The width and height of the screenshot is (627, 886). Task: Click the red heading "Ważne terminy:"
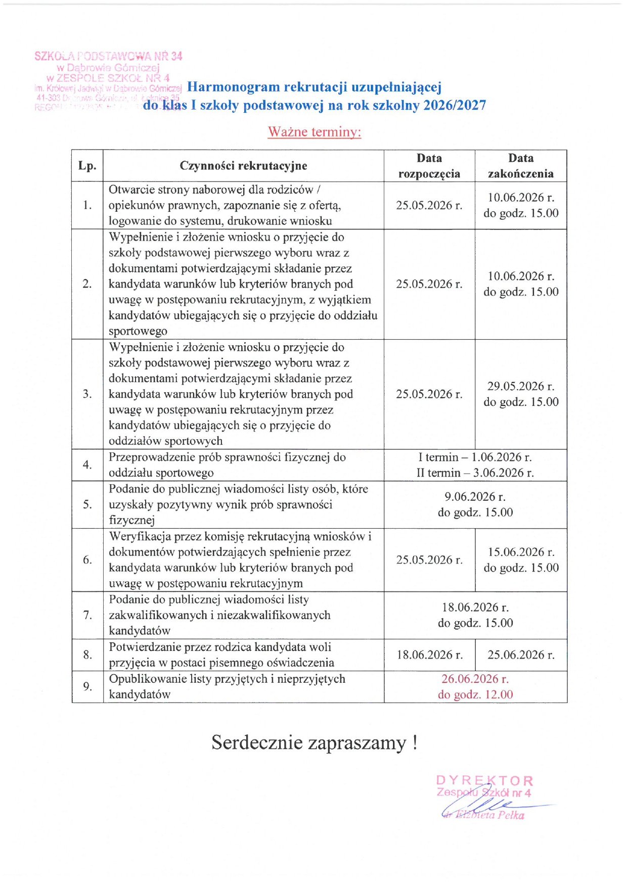click(314, 132)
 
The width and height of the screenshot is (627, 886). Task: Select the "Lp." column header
click(87, 166)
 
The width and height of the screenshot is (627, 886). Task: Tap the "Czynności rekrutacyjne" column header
click(243, 166)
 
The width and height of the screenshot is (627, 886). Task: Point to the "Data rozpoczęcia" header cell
click(429, 166)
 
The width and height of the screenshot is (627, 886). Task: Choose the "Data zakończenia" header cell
click(521, 166)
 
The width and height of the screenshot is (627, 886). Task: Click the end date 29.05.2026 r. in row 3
click(521, 387)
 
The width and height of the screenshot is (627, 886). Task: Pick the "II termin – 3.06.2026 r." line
click(475, 473)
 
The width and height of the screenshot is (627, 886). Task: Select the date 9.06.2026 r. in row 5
click(475, 497)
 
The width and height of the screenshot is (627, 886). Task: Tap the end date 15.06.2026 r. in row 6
click(521, 552)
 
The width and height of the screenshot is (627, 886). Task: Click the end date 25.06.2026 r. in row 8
click(521, 655)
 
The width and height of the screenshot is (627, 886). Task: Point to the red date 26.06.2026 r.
click(475, 679)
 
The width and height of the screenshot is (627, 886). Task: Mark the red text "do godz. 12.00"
click(475, 695)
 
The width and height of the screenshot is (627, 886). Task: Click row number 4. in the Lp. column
click(87, 465)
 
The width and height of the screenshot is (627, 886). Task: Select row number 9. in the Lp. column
click(87, 686)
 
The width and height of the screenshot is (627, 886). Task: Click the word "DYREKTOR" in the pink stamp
click(484, 781)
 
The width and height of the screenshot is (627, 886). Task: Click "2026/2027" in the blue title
click(455, 105)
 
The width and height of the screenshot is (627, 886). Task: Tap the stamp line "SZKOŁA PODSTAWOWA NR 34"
click(108, 56)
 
